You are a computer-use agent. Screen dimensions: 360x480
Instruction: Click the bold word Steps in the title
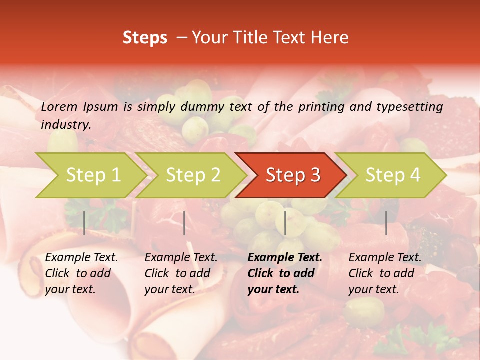[145, 38]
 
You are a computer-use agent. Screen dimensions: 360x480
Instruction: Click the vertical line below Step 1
[84, 223]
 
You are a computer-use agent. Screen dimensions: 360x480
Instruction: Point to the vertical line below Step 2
[184, 223]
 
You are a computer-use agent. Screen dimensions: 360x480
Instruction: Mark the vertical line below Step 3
[285, 223]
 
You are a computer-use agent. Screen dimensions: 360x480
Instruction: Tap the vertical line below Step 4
[386, 223]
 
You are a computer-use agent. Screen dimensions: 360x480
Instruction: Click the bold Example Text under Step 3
[285, 258]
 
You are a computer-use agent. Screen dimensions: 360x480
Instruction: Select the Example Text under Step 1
[81, 258]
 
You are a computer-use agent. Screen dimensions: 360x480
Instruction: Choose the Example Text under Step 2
[181, 258]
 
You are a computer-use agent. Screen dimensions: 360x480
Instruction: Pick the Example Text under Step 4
[385, 258]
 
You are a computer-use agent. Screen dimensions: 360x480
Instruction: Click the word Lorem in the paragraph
[59, 107]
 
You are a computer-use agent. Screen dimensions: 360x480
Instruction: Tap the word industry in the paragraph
[66, 125]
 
